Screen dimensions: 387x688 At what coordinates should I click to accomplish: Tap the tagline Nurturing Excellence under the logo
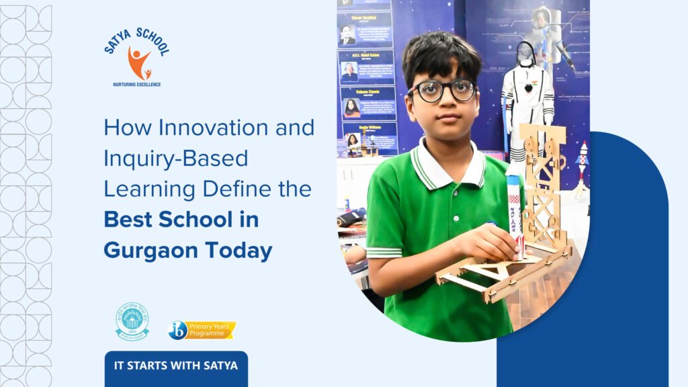[x=137, y=85]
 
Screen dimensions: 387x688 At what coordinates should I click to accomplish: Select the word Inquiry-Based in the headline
[x=176, y=159]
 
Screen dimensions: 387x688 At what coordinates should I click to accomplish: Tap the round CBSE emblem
[x=132, y=321]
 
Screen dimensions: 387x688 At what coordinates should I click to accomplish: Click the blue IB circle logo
[x=177, y=330]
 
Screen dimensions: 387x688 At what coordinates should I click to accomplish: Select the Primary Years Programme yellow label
[x=211, y=330]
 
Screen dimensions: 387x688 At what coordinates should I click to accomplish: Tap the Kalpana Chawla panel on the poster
[x=367, y=103]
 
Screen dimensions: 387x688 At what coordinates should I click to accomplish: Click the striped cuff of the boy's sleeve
[x=385, y=253]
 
